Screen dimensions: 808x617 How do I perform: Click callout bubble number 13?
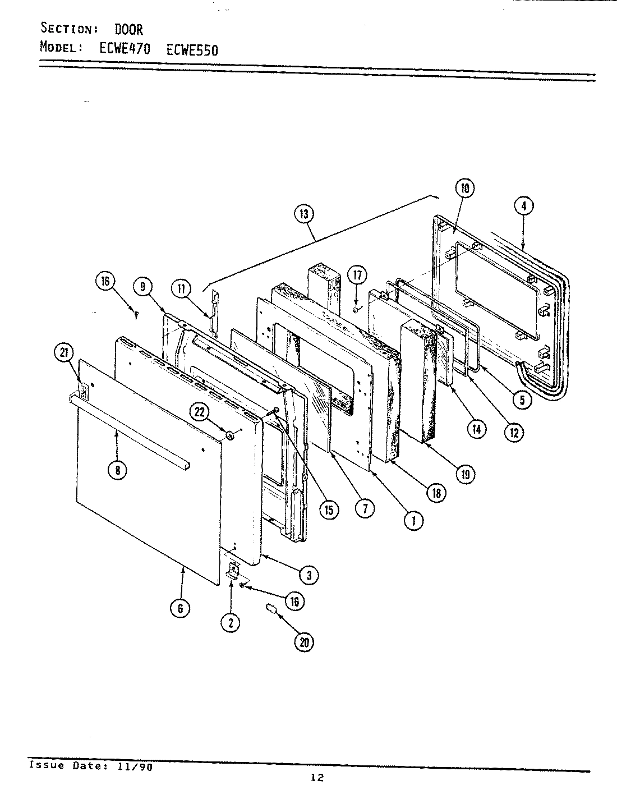point(303,214)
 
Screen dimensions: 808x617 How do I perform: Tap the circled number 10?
point(466,189)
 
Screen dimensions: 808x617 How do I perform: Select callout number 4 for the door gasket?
point(523,206)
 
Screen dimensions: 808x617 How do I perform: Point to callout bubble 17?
point(357,276)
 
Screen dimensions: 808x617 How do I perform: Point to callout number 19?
point(465,474)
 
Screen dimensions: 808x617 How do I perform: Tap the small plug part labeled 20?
point(271,609)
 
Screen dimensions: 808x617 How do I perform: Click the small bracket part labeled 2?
point(232,572)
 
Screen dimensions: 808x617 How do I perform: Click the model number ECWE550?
point(192,49)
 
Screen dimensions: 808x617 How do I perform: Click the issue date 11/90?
point(135,767)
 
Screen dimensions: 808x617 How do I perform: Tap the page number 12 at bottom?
point(317,778)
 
